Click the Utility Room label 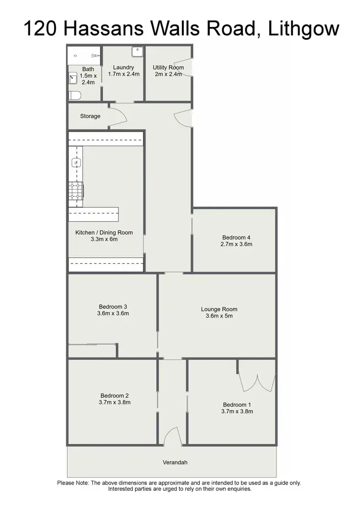click(x=168, y=68)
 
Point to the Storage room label click(x=90, y=116)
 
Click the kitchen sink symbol click(x=75, y=163)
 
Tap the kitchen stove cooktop click(x=76, y=191)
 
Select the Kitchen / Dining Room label click(x=104, y=233)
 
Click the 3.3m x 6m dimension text click(x=104, y=239)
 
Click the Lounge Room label click(x=219, y=309)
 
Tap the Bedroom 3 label click(x=113, y=307)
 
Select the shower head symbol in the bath click(x=96, y=56)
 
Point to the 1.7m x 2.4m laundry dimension click(x=123, y=74)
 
